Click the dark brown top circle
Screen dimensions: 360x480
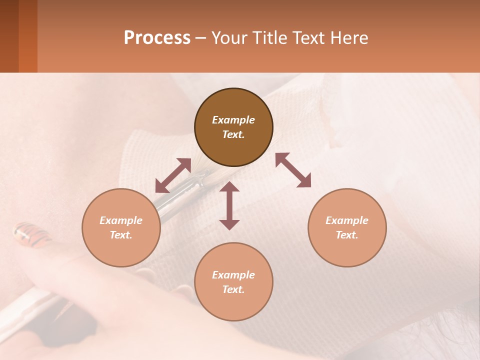[233, 127]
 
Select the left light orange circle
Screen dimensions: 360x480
[121, 227]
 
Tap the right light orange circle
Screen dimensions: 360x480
[347, 227]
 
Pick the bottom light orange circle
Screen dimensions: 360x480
[233, 282]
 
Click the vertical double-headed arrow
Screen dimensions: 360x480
[229, 205]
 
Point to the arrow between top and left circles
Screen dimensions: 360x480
[173, 175]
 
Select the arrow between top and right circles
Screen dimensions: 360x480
[293, 170]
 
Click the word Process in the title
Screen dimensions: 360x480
[157, 38]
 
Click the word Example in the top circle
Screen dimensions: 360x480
[233, 120]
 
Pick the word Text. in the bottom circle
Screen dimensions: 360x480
[233, 289]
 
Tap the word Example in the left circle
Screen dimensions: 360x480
[121, 220]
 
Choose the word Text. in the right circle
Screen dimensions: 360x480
[347, 235]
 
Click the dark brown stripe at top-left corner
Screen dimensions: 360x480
[9, 36]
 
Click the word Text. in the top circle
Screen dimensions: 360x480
[233, 134]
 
